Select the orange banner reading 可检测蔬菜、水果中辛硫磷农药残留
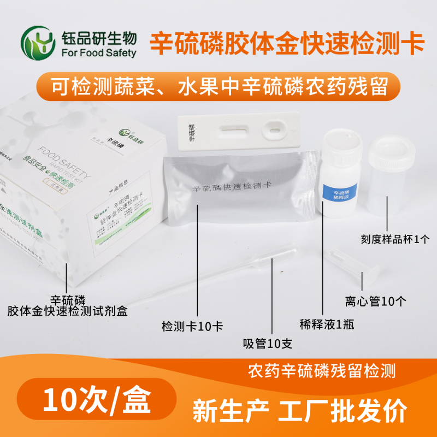click(x=218, y=87)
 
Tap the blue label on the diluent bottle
click(x=338, y=193)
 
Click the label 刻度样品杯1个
click(x=396, y=239)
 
